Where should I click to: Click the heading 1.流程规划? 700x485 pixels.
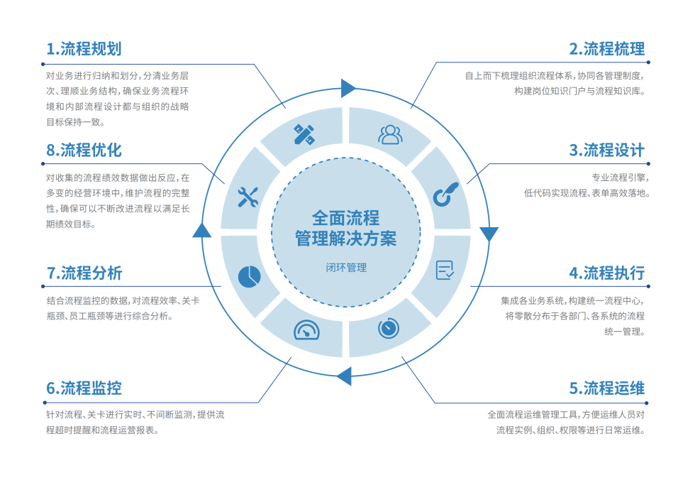click(84, 49)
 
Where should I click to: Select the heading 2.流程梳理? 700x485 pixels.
click(606, 49)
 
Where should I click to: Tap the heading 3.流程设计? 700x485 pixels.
click(606, 151)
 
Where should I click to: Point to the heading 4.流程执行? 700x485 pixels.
click(606, 273)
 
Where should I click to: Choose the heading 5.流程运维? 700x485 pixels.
click(606, 388)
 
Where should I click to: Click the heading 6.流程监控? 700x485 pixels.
click(84, 388)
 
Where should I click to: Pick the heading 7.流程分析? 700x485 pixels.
click(84, 273)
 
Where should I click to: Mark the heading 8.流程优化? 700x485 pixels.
click(84, 151)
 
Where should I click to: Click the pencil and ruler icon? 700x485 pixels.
click(304, 134)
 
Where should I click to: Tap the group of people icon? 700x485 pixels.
click(389, 134)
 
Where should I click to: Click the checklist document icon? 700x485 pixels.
click(445, 270)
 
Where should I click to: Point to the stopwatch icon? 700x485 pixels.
click(389, 327)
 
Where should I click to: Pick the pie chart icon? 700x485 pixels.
click(249, 276)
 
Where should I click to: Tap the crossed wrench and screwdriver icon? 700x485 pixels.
click(248, 197)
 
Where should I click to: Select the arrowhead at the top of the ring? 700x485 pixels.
click(348, 88)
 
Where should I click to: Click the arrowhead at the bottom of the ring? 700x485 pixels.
click(344, 375)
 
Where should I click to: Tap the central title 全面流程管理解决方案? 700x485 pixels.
click(346, 228)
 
